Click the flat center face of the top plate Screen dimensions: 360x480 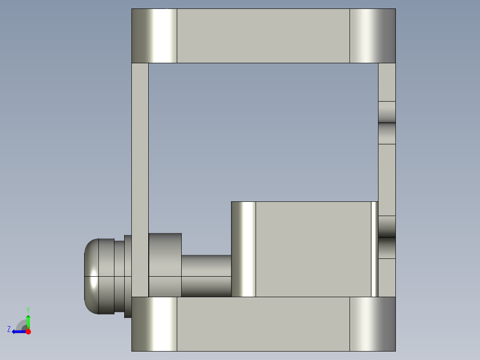[263, 36]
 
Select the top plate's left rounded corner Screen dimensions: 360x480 [154, 36]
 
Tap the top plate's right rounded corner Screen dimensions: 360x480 [372, 36]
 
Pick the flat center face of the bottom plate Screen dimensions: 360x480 [263, 324]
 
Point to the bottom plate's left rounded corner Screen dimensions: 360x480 [154, 324]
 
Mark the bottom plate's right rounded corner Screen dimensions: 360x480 [372, 324]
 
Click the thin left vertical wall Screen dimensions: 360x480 [140, 178]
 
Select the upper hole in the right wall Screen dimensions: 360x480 [386, 123]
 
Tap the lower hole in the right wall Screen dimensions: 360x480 [386, 237]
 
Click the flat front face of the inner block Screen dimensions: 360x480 [313, 249]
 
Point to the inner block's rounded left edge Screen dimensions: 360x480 [244, 249]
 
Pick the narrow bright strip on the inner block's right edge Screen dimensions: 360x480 [374, 249]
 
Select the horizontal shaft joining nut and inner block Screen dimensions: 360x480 [206, 275]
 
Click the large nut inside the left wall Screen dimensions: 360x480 [165, 265]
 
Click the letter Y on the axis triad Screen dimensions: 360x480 [28, 309]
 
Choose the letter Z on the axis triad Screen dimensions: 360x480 [9, 329]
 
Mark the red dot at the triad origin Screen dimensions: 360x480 [28, 331]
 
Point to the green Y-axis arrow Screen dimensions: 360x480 [28, 321]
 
